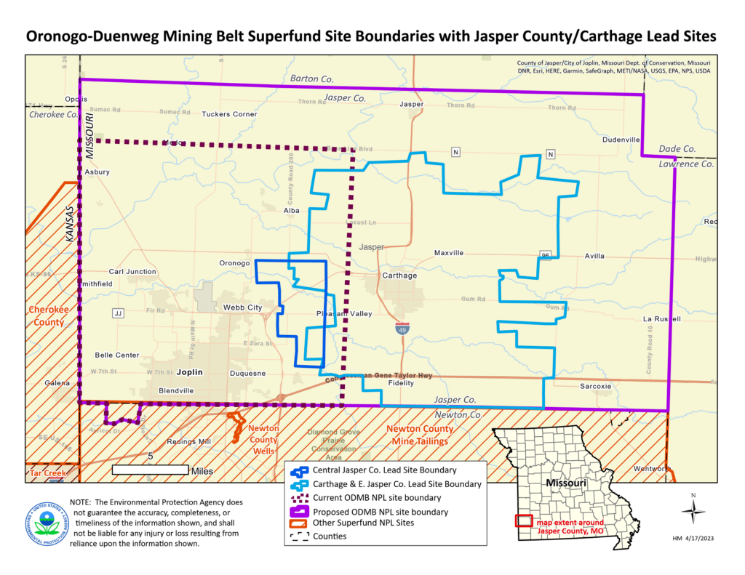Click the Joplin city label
tap(189, 371)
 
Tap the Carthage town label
tap(399, 276)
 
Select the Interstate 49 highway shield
tap(402, 329)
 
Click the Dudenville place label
tap(621, 140)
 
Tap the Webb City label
tap(242, 307)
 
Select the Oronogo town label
tap(234, 263)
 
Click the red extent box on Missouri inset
tap(524, 520)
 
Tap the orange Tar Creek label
tap(48, 473)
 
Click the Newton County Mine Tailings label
tap(420, 434)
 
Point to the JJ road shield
tap(117, 313)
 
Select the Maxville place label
tap(449, 253)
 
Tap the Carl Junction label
tap(132, 272)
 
